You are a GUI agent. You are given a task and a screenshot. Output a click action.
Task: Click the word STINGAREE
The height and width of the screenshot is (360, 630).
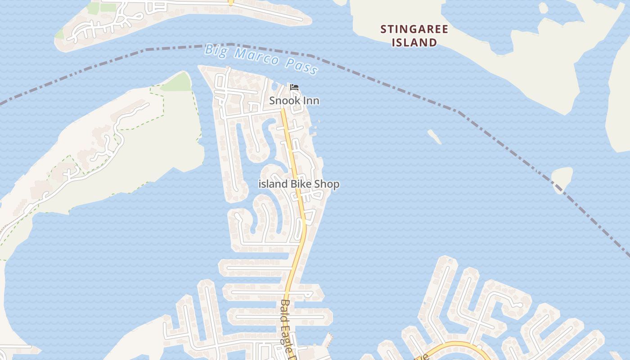[x=414, y=30]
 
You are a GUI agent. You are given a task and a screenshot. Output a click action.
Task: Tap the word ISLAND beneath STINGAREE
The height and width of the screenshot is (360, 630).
[x=414, y=43]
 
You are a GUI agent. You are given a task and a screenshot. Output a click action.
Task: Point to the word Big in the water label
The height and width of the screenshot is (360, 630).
[x=215, y=49]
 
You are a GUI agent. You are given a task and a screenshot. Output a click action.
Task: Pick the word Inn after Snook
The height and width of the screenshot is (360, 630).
[x=310, y=101]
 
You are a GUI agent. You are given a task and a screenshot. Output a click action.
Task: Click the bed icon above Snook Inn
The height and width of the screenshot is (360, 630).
[x=294, y=87]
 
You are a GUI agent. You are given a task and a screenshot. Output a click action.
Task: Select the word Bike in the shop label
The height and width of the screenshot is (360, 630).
[x=301, y=184]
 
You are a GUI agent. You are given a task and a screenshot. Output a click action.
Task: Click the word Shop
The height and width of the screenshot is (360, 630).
[x=327, y=184]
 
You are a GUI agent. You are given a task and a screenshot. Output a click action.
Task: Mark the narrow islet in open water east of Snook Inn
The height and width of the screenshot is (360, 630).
[x=434, y=136]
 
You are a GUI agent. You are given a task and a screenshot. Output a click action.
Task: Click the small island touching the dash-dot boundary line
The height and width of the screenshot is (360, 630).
[x=562, y=178]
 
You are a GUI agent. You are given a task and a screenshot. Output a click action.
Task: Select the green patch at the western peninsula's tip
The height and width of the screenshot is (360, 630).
[x=178, y=82]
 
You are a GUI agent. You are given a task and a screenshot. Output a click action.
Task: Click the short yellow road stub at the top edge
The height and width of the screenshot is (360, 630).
[x=230, y=2]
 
